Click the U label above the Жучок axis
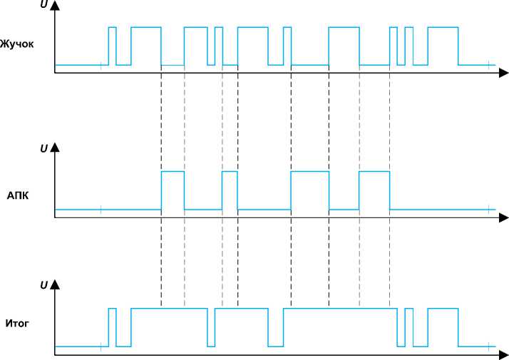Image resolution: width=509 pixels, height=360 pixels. pos(43,4)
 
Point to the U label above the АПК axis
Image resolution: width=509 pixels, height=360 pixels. pos(43,149)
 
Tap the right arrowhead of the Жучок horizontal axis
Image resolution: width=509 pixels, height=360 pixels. pos(503,72)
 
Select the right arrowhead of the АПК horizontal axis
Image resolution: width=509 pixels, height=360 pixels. pos(503,217)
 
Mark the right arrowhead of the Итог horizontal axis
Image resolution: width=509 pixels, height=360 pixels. pos(503,354)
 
